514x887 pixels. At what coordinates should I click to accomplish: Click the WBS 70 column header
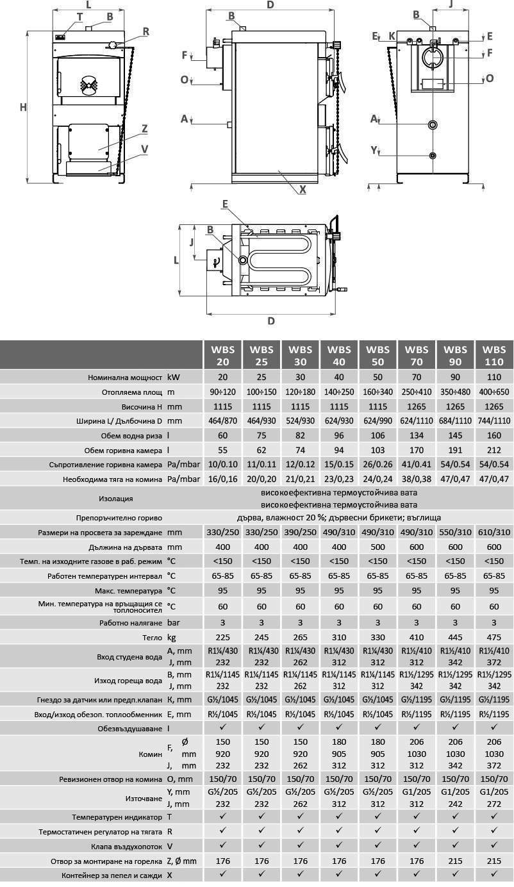coord(417,355)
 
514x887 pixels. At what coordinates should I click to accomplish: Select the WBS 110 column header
coord(493,355)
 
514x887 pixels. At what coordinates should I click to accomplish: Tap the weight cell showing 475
coord(493,638)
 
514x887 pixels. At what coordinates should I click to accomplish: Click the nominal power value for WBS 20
coord(222,377)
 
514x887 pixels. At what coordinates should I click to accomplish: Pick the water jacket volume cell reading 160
coord(493,435)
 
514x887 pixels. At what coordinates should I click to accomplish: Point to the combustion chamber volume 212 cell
coord(493,450)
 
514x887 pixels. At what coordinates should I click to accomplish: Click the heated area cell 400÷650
coord(493,392)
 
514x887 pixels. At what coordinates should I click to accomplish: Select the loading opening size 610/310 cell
coord(493,533)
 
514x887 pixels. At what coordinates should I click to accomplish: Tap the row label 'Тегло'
coord(152,638)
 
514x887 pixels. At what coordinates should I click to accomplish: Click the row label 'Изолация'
coord(116,498)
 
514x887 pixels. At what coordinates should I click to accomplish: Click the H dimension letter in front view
coord(23,107)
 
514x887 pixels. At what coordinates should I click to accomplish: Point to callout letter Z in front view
coord(145,128)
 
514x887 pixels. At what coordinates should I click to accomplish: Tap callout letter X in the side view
coord(303,189)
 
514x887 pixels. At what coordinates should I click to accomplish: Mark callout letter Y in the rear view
coord(374,151)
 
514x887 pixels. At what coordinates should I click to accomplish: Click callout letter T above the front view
coord(79,17)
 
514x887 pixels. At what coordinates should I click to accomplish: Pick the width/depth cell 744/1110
coord(493,421)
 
